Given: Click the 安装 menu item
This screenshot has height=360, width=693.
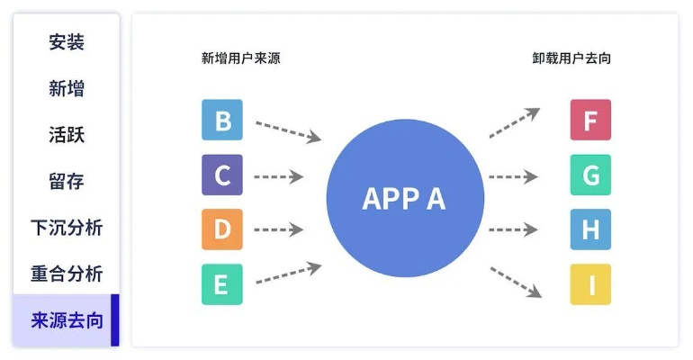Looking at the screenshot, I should point(67,42).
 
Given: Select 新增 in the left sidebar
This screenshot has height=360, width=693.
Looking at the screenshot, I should point(67,88).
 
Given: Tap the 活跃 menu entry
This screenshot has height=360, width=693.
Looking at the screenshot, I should point(67,135).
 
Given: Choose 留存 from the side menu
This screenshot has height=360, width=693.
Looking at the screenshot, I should point(67,181).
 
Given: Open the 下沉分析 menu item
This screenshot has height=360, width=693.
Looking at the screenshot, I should point(67,228).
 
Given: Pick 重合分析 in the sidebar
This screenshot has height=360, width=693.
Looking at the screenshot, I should point(67,274).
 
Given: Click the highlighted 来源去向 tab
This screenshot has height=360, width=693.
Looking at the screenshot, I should point(67,320).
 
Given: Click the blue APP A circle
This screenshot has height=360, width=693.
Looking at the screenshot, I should point(403,198).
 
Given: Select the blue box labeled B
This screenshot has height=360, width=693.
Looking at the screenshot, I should point(222,121).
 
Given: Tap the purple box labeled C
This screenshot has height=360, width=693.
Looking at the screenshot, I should point(222,175).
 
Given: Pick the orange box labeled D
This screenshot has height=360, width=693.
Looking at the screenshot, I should point(222,229).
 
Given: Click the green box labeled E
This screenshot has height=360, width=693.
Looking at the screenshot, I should point(222,284).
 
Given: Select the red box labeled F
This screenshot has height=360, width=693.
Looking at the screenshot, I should point(590,121).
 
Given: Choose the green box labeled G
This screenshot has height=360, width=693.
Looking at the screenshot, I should point(590,175).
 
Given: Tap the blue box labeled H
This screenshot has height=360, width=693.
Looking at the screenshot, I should point(590,229).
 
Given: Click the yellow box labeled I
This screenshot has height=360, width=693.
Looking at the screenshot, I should point(590,284).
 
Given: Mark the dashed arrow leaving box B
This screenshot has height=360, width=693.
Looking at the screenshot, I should point(288,130).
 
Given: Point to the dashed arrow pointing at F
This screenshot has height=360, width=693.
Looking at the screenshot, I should point(514,123).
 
